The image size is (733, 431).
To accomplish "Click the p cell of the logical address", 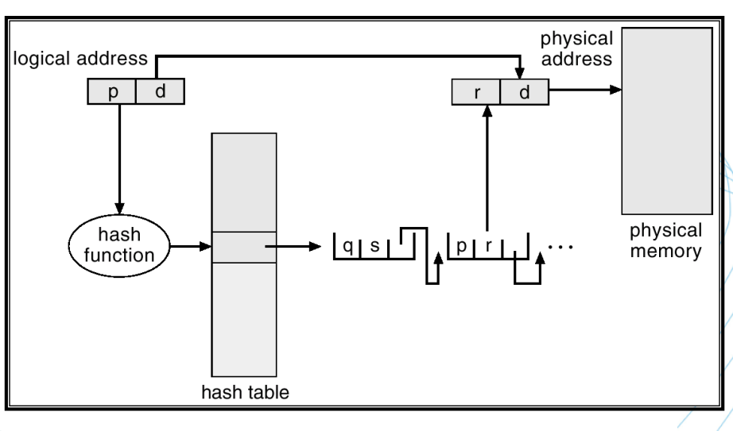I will coord(111,92).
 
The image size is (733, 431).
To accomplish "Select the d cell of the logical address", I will coord(160,92).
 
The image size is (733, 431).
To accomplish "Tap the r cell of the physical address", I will coord(475,92).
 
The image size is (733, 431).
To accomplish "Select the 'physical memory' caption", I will coord(666,241).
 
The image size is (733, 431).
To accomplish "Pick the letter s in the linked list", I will coord(374,247).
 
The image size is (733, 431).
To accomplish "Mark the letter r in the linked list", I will coord(491,247).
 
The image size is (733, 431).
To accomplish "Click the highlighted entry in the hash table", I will coord(244,247).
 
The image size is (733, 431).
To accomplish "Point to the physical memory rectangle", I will coord(666,119).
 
